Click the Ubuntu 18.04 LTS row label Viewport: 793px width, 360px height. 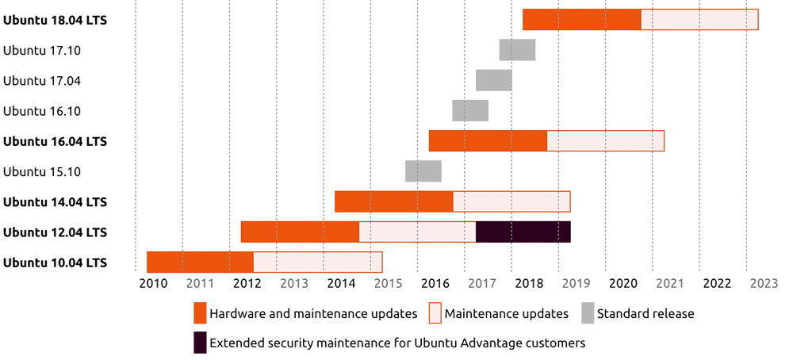click(x=55, y=20)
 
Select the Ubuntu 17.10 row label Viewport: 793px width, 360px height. click(x=43, y=50)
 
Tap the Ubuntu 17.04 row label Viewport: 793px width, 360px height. click(x=43, y=81)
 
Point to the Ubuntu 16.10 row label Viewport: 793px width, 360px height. click(x=43, y=111)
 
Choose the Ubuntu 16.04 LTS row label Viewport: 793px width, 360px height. click(x=55, y=141)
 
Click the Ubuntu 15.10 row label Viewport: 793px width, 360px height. click(x=43, y=171)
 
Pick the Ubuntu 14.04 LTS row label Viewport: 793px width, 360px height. click(x=55, y=201)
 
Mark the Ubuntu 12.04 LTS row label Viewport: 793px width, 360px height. click(x=55, y=232)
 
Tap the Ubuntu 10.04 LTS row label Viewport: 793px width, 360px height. click(x=55, y=262)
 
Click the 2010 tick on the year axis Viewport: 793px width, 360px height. click(x=153, y=283)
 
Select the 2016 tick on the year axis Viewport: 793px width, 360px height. click(x=435, y=283)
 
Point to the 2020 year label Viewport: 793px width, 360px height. click(x=623, y=283)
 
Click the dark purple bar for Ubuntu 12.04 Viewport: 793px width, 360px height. click(x=531, y=232)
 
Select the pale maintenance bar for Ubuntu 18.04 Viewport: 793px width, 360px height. click(x=698, y=20)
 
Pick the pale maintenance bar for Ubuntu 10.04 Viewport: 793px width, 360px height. click(x=317, y=262)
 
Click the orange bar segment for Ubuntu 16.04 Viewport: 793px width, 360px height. click(x=488, y=141)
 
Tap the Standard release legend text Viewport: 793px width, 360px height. click(x=646, y=314)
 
